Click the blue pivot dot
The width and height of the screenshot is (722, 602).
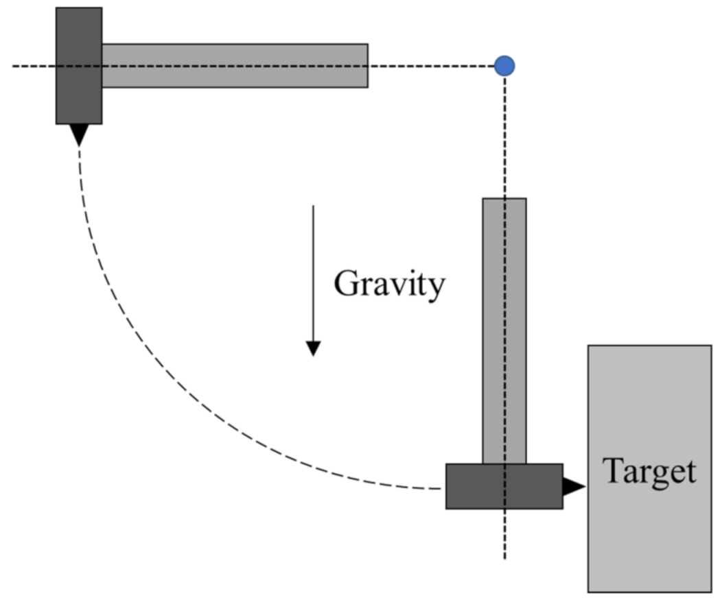[x=504, y=66]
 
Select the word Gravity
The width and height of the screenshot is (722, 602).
[x=389, y=283]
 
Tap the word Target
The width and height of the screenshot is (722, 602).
[x=649, y=471]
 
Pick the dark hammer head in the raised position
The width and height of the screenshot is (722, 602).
[x=79, y=66]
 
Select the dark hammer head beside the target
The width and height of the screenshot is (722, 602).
[x=504, y=486]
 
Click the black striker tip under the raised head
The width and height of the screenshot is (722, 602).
[x=79, y=133]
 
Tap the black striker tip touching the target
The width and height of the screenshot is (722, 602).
[x=573, y=486]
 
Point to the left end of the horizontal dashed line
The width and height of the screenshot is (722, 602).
[x=14, y=66]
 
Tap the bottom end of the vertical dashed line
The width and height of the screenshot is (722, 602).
[x=504, y=557]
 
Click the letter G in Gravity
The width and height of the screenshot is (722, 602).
[x=346, y=283]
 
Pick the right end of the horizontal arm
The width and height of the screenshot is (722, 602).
[x=366, y=66]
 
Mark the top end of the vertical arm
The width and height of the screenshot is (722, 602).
[x=504, y=200]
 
